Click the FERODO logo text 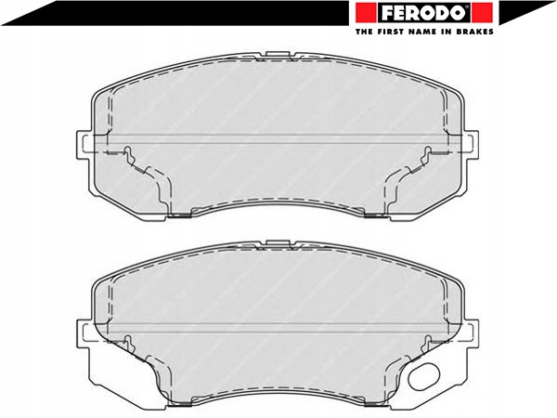pos(424,13)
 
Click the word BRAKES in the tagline pos(477,32)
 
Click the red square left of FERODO pos(366,13)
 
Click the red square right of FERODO pos(483,13)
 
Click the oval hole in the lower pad pos(424,376)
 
